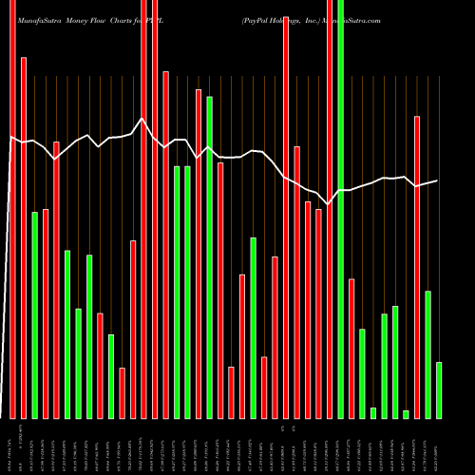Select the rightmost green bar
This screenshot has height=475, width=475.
(439, 389)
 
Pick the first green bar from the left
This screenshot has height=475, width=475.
(35, 314)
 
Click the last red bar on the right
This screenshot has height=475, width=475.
(417, 267)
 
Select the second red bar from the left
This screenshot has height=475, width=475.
(24, 237)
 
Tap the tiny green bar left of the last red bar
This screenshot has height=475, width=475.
(407, 414)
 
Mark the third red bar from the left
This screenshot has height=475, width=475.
(46, 313)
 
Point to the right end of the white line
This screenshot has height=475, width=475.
(438, 180)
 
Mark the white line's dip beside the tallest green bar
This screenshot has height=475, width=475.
(330, 203)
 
